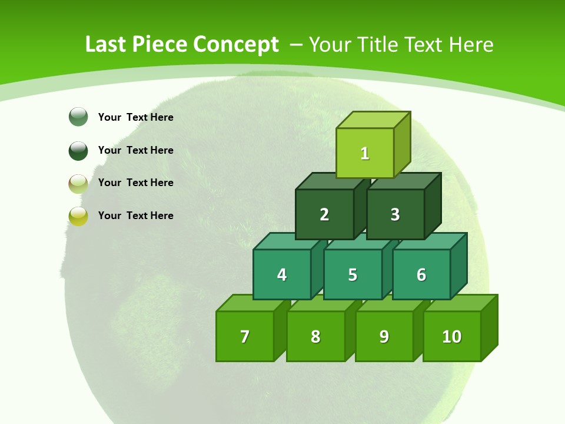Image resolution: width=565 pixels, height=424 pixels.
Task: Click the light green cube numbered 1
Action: point(365,153)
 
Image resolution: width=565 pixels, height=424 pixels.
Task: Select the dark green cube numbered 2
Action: point(324,214)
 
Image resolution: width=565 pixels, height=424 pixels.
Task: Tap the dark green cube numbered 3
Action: point(395,214)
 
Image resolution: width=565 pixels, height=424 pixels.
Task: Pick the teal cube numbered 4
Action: point(282,274)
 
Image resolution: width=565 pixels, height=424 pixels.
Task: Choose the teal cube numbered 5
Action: point(353,274)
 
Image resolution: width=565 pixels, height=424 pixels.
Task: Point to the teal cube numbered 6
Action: point(421,274)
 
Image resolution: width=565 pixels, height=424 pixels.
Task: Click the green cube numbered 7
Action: point(245,336)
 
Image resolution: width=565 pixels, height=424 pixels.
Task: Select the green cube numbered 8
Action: point(315,336)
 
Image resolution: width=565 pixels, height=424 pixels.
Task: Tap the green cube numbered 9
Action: point(384,336)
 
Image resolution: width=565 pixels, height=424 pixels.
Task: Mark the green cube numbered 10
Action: point(452,336)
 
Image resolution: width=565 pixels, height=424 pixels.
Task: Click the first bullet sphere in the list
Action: point(78,117)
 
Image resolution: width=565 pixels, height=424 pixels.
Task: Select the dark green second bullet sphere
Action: point(78,150)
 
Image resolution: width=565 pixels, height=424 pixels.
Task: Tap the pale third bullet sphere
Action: point(78,183)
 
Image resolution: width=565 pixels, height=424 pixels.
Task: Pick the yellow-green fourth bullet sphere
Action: point(78,216)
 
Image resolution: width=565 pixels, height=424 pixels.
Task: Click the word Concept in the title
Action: point(236,45)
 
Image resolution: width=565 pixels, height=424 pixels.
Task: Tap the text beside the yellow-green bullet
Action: point(136,216)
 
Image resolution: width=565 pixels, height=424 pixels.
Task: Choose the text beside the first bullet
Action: point(136,117)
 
